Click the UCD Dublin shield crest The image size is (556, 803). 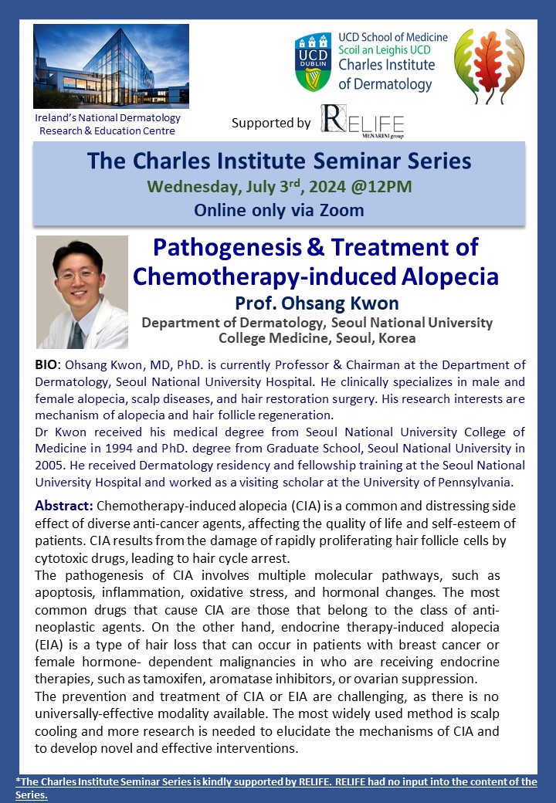tap(314, 62)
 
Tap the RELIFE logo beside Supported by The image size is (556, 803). tap(362, 121)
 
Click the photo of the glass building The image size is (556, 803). tap(111, 66)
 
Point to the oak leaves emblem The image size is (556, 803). tap(489, 66)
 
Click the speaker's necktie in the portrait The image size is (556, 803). tap(76, 335)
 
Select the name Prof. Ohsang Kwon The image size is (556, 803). tap(317, 303)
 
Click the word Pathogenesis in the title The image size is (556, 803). tap(227, 248)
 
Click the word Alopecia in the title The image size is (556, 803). tap(449, 276)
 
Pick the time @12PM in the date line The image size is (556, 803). tap(381, 186)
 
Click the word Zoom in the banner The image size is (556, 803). tap(342, 211)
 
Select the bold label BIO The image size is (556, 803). tap(46, 364)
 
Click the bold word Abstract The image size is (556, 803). tap(63, 506)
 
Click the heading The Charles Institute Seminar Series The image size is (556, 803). tap(279, 161)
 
